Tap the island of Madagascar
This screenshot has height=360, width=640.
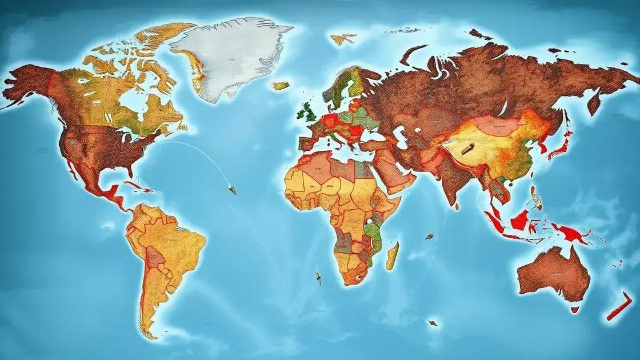(392, 255)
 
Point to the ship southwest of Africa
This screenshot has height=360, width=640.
(318, 278)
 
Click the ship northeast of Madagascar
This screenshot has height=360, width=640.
(429, 235)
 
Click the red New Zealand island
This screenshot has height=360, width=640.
(619, 309)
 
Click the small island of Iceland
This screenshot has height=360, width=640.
(281, 86)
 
